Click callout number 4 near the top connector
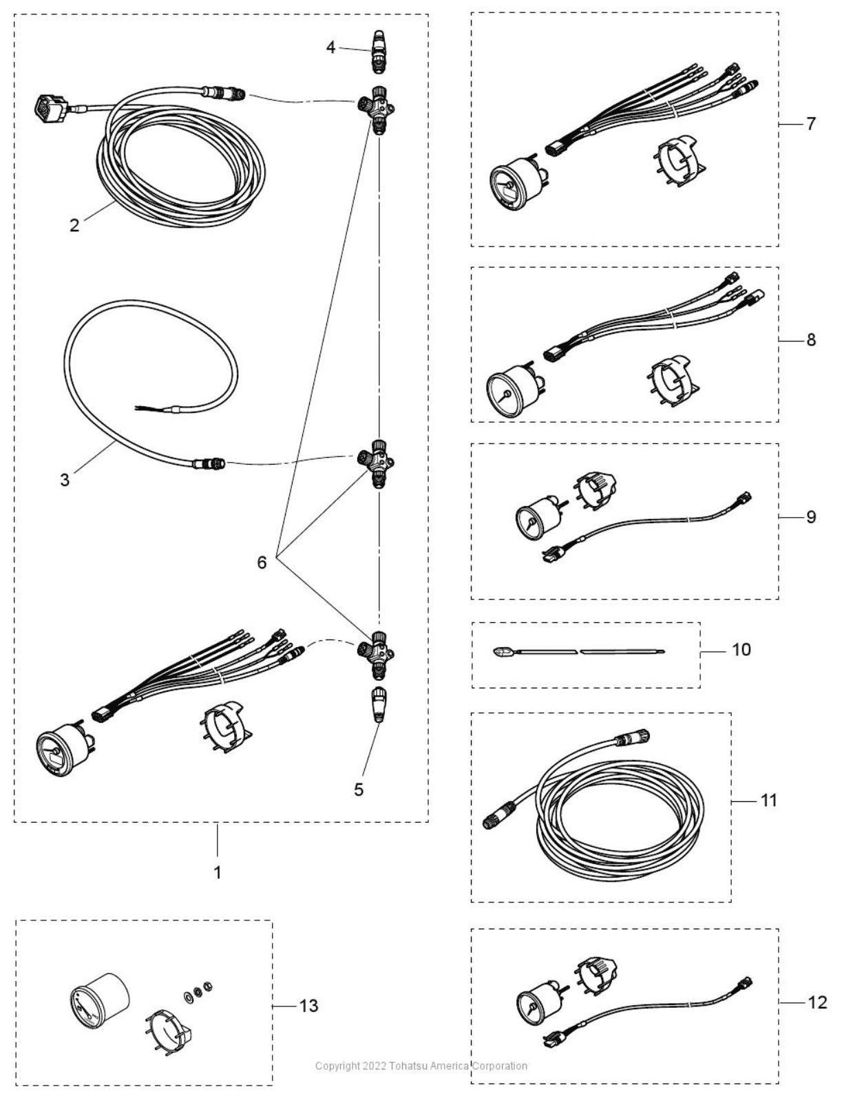(331, 48)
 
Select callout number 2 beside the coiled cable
(74, 225)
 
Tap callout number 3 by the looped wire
(65, 480)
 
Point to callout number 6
(262, 562)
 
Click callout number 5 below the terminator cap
(359, 790)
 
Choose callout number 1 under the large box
(218, 872)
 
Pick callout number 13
(309, 1006)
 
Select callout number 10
(741, 649)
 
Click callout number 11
(768, 800)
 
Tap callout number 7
(810, 124)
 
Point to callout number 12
(817, 1002)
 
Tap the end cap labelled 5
(379, 703)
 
